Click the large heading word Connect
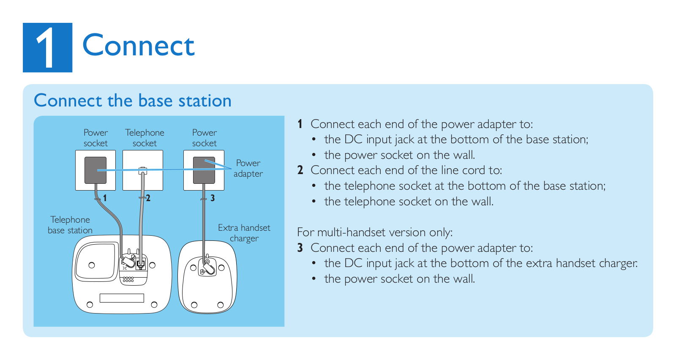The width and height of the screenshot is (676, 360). coord(139,45)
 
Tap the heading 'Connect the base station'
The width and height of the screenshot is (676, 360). coord(133,101)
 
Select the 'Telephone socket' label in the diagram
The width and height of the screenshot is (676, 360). coord(144,138)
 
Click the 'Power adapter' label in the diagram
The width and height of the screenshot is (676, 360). coord(248,168)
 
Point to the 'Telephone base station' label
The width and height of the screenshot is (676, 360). coord(70,225)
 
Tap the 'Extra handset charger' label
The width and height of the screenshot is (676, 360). coord(244,233)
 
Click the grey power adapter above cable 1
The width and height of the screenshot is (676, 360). coord(95,170)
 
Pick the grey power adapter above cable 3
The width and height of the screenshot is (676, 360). coord(204,170)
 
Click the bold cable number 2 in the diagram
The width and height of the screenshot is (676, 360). coord(148,198)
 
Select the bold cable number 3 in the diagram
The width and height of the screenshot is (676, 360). coord(213,198)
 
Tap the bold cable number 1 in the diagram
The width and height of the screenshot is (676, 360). coord(105,198)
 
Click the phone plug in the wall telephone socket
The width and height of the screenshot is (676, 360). coord(143,171)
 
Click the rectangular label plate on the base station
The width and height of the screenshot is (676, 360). coord(122,298)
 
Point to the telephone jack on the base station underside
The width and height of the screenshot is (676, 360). coord(141,264)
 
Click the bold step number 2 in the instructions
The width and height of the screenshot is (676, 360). coord(300,170)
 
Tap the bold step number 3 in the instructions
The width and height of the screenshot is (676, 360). coord(300,248)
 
